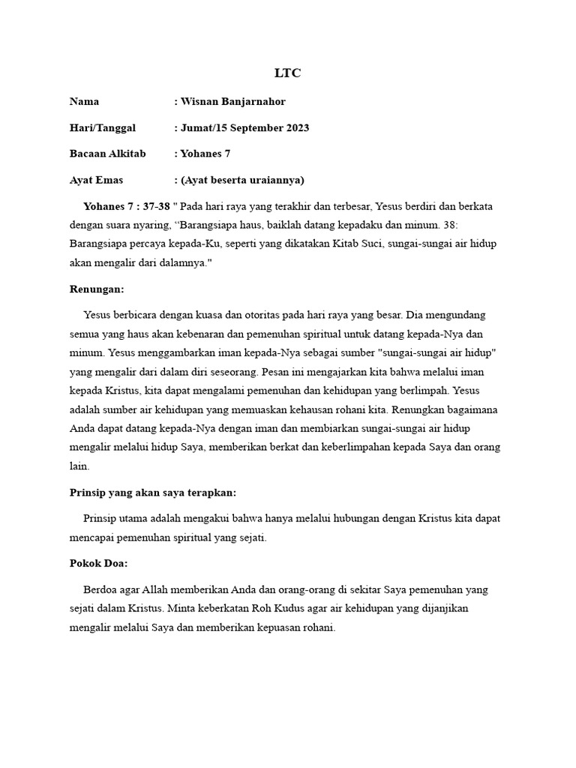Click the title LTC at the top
(288, 73)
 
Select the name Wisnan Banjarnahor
(233, 102)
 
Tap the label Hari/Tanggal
(103, 128)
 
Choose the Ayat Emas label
(96, 181)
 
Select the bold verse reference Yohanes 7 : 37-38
(126, 206)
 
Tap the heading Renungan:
(97, 289)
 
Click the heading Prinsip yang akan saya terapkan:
(152, 493)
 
